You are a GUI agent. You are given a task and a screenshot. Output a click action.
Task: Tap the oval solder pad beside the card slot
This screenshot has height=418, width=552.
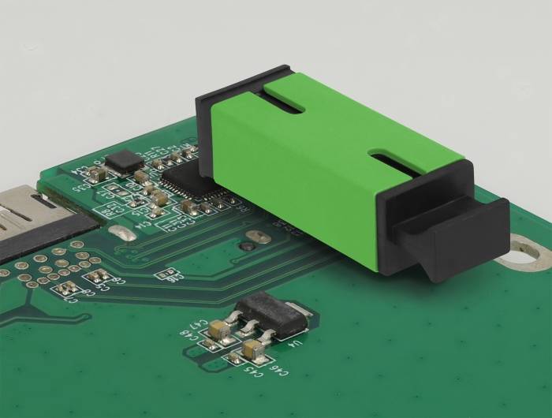122,234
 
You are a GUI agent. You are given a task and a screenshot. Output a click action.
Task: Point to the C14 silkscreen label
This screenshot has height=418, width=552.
144,224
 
